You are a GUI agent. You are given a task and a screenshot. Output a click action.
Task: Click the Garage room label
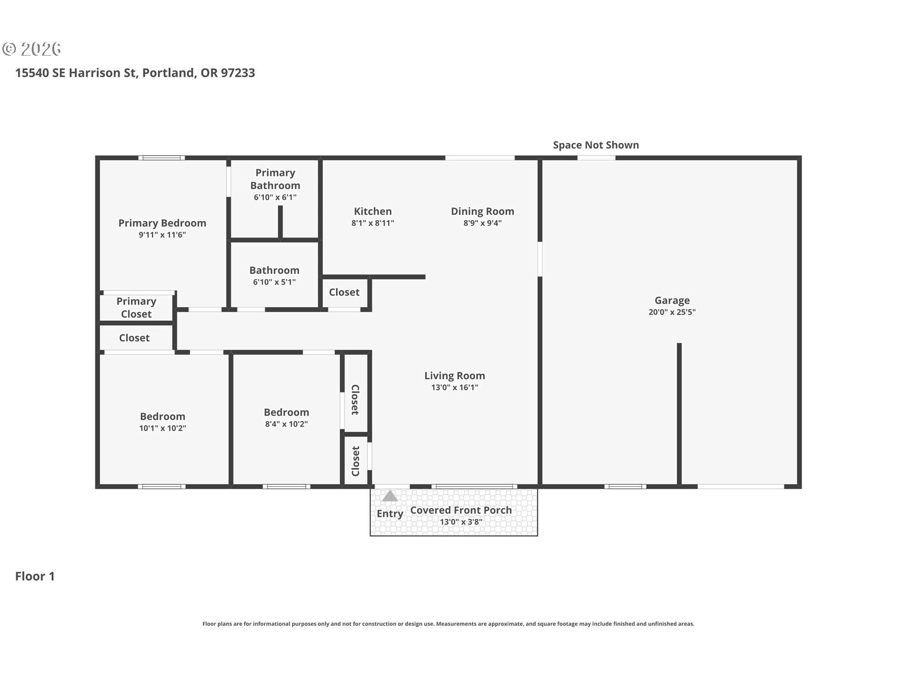672,301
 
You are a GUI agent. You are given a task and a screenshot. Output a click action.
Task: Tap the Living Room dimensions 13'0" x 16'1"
455,387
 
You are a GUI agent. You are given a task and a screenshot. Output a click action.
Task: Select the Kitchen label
373,211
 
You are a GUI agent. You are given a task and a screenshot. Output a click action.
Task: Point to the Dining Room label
483,211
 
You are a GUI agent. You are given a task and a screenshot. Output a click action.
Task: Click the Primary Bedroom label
162,223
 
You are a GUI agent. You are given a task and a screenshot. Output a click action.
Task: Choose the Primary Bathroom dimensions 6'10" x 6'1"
275,197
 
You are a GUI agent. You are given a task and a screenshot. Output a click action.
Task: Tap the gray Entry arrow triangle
390,495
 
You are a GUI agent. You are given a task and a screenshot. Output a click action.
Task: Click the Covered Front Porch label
461,510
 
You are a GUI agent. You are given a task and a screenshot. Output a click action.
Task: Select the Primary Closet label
136,308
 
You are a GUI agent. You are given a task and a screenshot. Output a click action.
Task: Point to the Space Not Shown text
596,145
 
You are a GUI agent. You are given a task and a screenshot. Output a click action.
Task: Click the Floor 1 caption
35,576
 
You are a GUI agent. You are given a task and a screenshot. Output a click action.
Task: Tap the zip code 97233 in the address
238,73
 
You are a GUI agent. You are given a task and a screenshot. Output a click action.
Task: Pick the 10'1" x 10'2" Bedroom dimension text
163,428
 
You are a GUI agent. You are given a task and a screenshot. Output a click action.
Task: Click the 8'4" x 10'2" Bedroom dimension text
286,424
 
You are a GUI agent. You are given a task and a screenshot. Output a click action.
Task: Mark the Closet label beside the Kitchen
344,292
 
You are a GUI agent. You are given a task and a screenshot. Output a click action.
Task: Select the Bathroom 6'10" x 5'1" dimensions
274,282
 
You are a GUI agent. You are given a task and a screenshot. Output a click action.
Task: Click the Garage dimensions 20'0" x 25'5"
672,312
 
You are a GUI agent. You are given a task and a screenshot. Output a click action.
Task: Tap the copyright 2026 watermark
31,49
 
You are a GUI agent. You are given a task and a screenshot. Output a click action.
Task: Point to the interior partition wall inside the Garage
679,414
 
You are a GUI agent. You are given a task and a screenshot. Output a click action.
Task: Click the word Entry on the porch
390,514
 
